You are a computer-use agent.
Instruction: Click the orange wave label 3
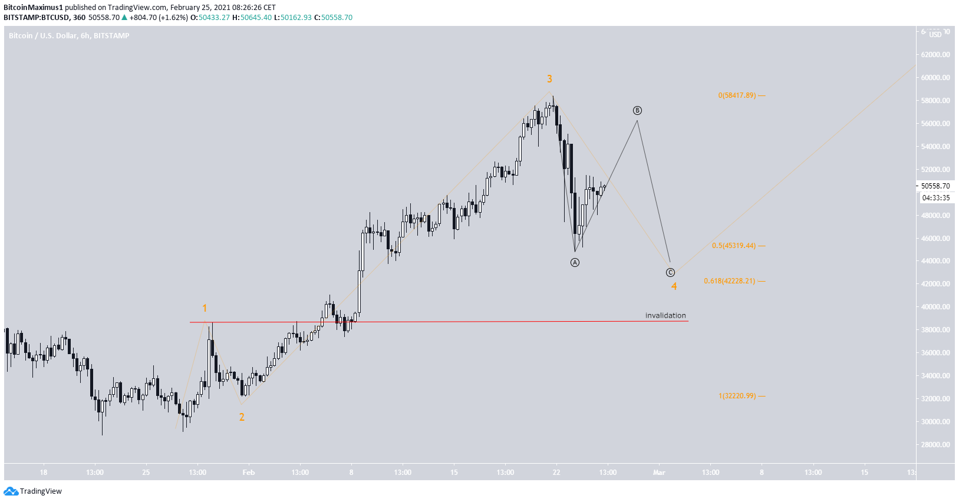pyautogui.click(x=549, y=79)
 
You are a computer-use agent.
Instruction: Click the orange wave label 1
pyautogui.click(x=205, y=308)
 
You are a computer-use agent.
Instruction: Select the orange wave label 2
pyautogui.click(x=242, y=417)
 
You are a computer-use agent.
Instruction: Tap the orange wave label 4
pyautogui.click(x=674, y=286)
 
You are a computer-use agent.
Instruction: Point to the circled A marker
pyautogui.click(x=575, y=262)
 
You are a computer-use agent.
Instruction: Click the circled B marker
pyautogui.click(x=637, y=111)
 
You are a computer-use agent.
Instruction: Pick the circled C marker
pyautogui.click(x=670, y=272)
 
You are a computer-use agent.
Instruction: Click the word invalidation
pyautogui.click(x=665, y=315)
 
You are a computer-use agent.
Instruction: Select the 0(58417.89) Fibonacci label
pyautogui.click(x=737, y=95)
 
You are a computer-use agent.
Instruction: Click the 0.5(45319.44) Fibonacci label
pyautogui.click(x=733, y=246)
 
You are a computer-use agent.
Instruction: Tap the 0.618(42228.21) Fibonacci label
pyautogui.click(x=729, y=281)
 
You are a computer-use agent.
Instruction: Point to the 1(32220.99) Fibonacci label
pyautogui.click(x=737, y=396)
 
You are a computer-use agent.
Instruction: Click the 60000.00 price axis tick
pyautogui.click(x=935, y=77)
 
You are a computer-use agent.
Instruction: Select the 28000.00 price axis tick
pyautogui.click(x=935, y=445)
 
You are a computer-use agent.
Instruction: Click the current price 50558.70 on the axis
pyautogui.click(x=935, y=186)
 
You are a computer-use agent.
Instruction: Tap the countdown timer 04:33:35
pyautogui.click(x=936, y=198)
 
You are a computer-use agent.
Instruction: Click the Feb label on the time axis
pyautogui.click(x=249, y=473)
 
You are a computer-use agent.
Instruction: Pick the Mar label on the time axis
pyautogui.click(x=659, y=473)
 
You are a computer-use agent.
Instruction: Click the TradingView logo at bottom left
pyautogui.click(x=33, y=491)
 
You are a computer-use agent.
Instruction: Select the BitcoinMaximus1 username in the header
pyautogui.click(x=33, y=8)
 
